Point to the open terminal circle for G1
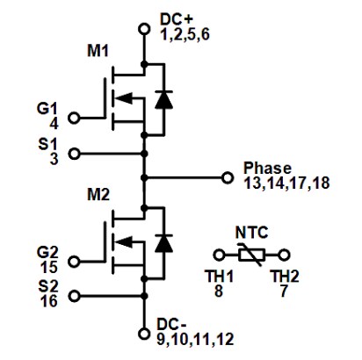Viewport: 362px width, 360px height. (73, 117)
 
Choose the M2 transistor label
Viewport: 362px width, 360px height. (98, 193)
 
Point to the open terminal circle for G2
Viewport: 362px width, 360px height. (73, 261)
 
